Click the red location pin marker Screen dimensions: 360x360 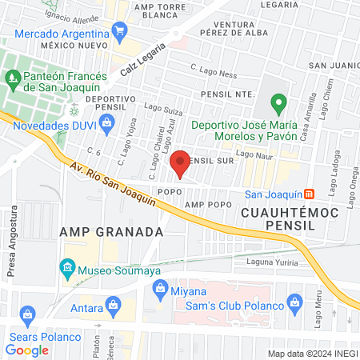click(x=180, y=162)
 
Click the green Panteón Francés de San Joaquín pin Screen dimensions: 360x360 click(x=13, y=78)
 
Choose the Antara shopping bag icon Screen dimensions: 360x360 click(x=113, y=305)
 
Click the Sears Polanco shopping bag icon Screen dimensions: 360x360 click(x=28, y=313)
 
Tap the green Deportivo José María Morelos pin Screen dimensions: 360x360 click(x=278, y=102)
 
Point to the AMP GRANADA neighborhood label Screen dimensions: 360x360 click(x=111, y=231)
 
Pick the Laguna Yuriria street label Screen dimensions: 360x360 click(x=273, y=263)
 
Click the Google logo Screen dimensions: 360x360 click(x=27, y=350)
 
